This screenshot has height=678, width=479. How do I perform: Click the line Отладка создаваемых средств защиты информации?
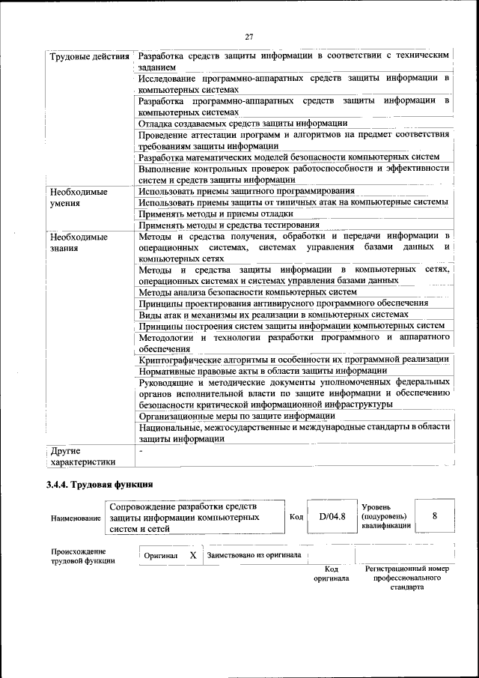(242, 123)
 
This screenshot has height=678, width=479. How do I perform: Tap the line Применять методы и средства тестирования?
(229, 225)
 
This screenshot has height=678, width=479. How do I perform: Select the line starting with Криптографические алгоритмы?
(293, 360)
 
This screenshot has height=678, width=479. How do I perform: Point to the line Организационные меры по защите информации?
(237, 416)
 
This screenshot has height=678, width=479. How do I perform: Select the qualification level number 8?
(434, 516)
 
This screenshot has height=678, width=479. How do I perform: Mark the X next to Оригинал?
(192, 555)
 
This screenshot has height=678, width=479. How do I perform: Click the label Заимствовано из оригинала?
(254, 555)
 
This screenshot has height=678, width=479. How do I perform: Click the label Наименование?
(75, 518)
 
